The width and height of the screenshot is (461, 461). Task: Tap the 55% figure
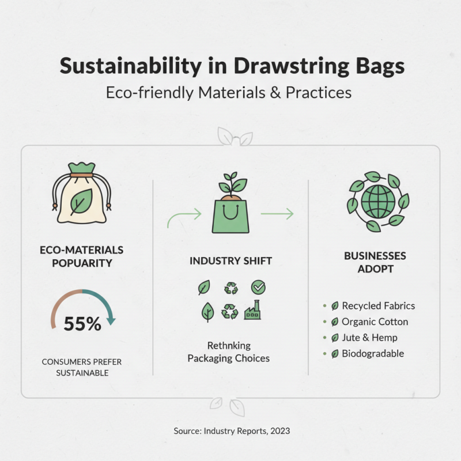(82, 324)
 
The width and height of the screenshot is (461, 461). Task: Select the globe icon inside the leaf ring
(379, 202)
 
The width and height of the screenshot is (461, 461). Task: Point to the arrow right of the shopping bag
(277, 214)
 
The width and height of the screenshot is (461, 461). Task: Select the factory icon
(252, 311)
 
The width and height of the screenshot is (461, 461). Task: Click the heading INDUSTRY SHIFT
(231, 261)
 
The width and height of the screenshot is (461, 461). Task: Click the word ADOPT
(375, 269)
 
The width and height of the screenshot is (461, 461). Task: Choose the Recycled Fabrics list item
(378, 306)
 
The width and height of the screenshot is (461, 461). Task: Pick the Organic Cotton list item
(375, 322)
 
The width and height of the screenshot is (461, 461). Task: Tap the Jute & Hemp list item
(369, 338)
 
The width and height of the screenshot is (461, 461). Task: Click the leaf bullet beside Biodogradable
(335, 354)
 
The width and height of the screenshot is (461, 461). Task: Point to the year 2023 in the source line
(279, 430)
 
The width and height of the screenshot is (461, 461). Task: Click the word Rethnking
(229, 346)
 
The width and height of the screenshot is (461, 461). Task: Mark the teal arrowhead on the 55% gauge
(112, 321)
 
